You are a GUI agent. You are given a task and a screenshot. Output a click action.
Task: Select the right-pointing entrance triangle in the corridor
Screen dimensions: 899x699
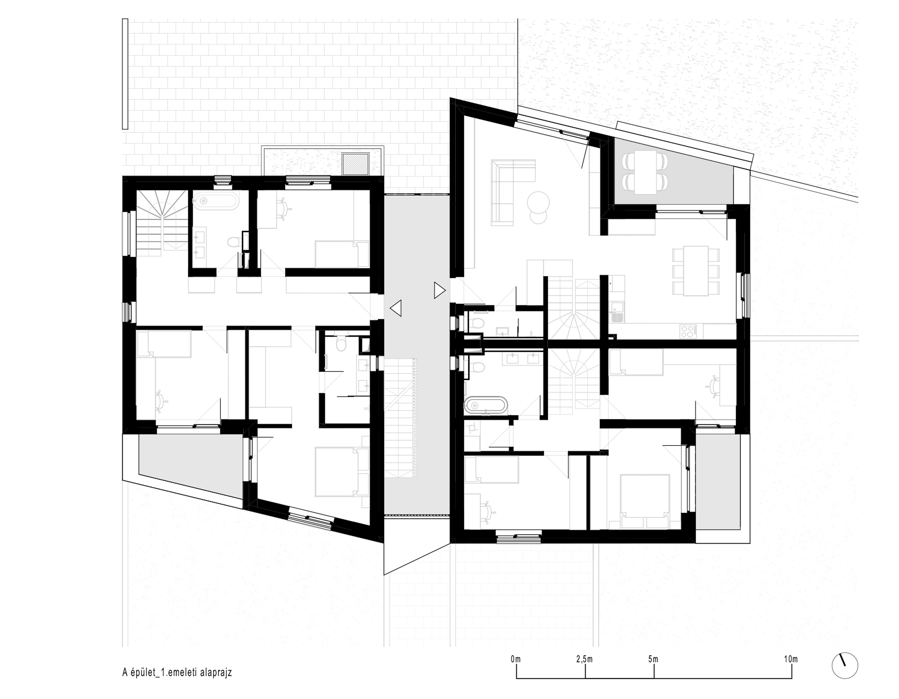coord(440,290)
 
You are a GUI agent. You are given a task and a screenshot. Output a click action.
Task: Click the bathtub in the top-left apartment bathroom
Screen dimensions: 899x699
coord(217,202)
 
